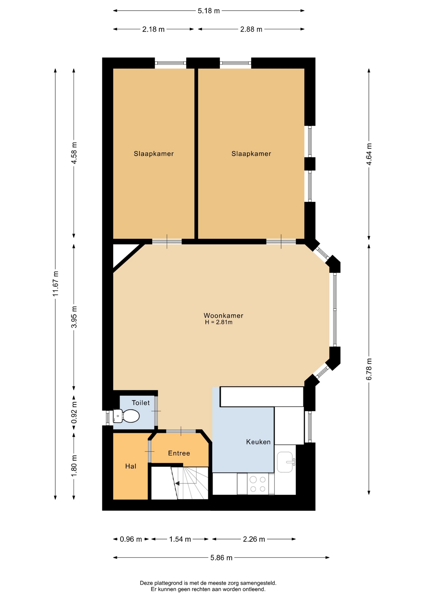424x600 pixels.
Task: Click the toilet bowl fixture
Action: point(126,416)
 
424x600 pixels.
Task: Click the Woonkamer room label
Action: point(223,316)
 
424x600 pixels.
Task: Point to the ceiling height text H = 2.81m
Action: point(219,322)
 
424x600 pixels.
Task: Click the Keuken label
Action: point(258,442)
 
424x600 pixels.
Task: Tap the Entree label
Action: point(179,453)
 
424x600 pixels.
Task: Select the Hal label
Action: point(131,466)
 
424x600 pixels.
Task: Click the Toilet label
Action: point(141,403)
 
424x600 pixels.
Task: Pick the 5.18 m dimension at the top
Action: point(209,11)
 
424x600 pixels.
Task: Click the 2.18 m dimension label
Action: point(153,29)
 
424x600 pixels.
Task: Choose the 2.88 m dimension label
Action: point(251,29)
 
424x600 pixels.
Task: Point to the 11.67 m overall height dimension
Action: point(56,284)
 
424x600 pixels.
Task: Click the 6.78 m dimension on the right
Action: point(369,369)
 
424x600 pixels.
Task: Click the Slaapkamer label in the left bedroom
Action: point(154,154)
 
